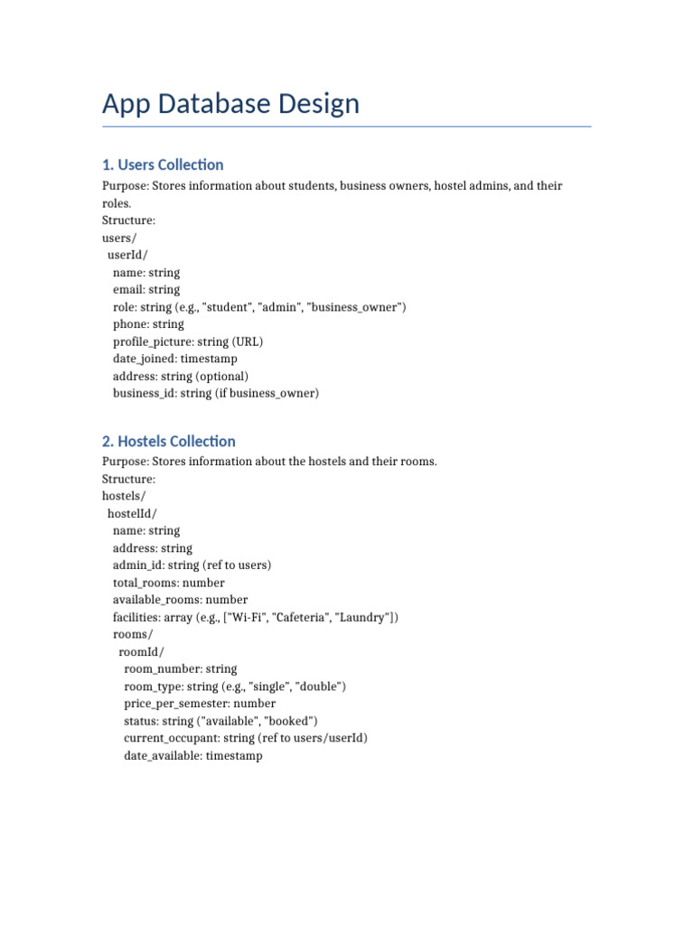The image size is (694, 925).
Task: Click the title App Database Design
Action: [x=230, y=104]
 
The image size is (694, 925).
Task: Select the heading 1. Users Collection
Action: [x=163, y=164]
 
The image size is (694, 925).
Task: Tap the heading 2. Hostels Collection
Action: [x=168, y=441]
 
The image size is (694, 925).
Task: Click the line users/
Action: [x=119, y=238]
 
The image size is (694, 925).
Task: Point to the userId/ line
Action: [x=127, y=255]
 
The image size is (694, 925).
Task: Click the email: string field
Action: [x=146, y=290]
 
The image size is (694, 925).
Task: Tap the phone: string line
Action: [x=148, y=324]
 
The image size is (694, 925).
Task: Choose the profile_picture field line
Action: [x=188, y=341]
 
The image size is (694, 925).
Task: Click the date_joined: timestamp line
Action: [x=175, y=359]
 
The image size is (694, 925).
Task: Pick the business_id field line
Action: [x=216, y=393]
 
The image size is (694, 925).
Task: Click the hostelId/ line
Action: [x=132, y=513]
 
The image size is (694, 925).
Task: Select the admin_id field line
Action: [x=192, y=565]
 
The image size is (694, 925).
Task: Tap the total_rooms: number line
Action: [x=169, y=583]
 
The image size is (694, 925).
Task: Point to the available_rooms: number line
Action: [x=180, y=600]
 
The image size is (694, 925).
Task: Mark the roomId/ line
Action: [x=142, y=651]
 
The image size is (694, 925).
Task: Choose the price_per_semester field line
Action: [x=200, y=703]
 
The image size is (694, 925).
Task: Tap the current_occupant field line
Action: [x=246, y=738]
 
